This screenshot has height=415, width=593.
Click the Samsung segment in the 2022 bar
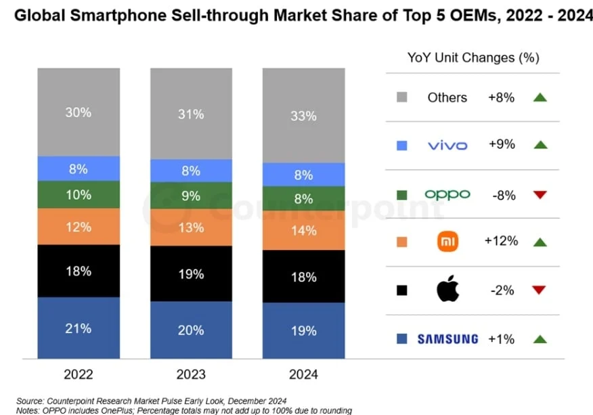pos(79,328)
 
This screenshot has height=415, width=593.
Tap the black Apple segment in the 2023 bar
pos(192,274)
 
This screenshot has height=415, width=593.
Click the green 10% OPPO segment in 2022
pos(79,195)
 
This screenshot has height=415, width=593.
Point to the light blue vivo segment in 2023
pos(192,171)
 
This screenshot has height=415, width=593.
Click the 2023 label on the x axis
pos(192,374)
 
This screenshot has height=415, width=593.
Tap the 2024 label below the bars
pos(303,374)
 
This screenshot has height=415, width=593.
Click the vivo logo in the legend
pos(447,145)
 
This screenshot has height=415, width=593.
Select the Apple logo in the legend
pos(447,290)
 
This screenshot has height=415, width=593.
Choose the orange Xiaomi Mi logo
pos(447,242)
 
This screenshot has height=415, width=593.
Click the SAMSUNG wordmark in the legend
pos(447,338)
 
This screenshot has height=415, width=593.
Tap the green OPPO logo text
pos(447,194)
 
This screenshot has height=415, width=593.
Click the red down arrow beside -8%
pos(539,195)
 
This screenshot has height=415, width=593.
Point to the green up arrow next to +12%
pos(539,242)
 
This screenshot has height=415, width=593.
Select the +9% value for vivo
pos(502,144)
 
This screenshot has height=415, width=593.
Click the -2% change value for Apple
pos(502,290)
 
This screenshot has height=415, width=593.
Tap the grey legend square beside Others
pos(401,97)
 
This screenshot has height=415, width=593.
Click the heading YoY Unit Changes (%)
pos(473,58)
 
